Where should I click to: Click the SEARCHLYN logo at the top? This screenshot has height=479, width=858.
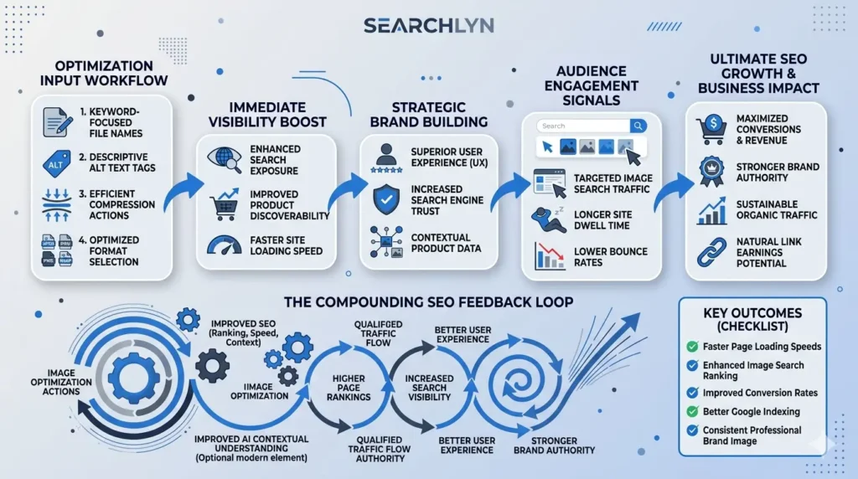click(x=429, y=26)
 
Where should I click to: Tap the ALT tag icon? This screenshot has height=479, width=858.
click(x=55, y=163)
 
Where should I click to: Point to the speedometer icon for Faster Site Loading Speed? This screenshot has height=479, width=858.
click(x=224, y=244)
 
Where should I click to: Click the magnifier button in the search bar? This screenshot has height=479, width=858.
click(x=638, y=126)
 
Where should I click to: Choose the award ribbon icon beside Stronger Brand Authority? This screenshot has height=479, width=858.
click(x=711, y=170)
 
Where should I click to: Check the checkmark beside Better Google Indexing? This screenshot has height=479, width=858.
click(x=692, y=411)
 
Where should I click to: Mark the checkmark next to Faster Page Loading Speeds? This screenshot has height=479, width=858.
click(x=692, y=346)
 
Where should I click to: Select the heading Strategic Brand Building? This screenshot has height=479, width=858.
click(x=428, y=116)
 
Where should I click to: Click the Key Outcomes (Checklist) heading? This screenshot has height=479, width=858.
click(x=752, y=319)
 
